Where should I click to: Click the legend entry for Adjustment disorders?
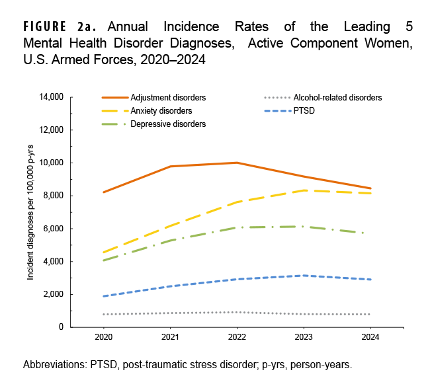tap(168, 97)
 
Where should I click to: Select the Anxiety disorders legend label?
tap(162, 110)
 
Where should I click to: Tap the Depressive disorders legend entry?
tap(168, 124)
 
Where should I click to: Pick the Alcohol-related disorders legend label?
tap(337, 97)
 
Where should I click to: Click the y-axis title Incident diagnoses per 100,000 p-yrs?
tap(30, 212)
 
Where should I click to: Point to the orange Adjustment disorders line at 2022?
tap(237, 163)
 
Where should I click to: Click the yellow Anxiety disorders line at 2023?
tap(303, 190)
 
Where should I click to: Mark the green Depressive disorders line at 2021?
tap(171, 241)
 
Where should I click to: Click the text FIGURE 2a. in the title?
tap(60, 27)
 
